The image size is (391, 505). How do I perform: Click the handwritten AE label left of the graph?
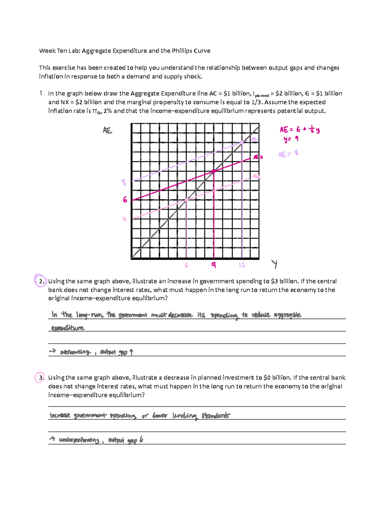tap(107, 130)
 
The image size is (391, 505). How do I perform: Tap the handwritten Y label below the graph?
tap(275, 264)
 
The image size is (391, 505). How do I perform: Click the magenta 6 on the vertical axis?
tap(125, 200)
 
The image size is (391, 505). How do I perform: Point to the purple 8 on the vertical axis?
tap(124, 182)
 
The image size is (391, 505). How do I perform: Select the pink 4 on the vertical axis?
tap(124, 219)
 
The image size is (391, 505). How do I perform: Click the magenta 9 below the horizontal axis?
tap(213, 265)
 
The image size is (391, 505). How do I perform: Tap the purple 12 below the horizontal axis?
tap(242, 265)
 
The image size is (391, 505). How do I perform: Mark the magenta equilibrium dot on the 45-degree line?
tap(214, 171)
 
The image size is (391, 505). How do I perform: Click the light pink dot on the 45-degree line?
tap(186, 200)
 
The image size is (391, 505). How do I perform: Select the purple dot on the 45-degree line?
tap(242, 142)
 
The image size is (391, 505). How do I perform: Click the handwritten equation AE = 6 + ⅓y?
tap(299, 130)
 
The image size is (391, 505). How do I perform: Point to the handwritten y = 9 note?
tap(291, 139)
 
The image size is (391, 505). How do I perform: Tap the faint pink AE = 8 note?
tap(288, 154)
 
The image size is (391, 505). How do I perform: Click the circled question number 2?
tap(41, 281)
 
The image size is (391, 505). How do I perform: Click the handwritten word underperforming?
tap(79, 440)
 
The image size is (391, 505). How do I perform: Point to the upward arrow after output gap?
tap(131, 352)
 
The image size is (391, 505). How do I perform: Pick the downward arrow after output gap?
tap(141, 440)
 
